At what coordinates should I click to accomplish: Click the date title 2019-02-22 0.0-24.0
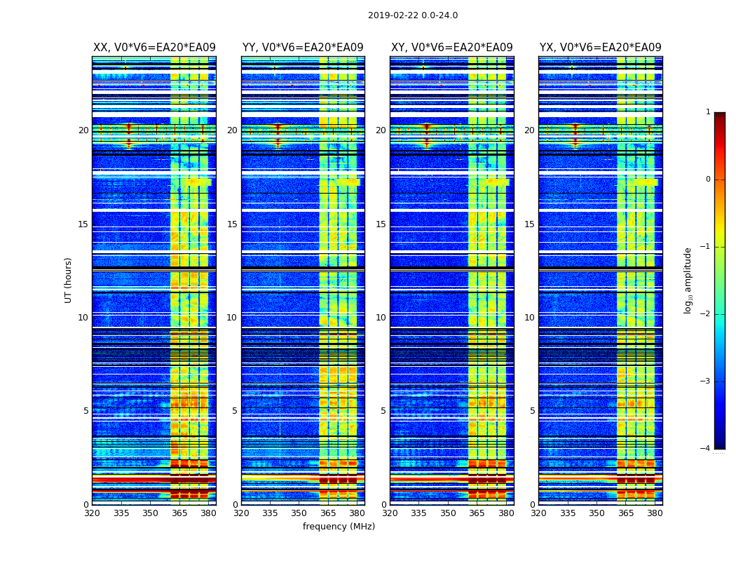coord(412,15)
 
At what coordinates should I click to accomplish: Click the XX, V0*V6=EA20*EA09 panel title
coord(154,48)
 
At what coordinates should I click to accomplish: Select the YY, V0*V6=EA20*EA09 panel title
coord(303,48)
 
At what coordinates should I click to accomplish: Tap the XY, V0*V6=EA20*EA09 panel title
coord(451,48)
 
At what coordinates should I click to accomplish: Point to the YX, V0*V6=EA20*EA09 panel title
coord(600,48)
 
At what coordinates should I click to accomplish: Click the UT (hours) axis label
coord(68,280)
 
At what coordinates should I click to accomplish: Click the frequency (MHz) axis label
coord(339,527)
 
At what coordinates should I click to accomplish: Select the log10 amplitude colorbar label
coord(688,280)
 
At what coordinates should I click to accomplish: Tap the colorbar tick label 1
coord(708,112)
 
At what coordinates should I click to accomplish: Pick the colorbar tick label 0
coord(708,180)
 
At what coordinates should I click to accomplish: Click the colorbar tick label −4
coord(706,449)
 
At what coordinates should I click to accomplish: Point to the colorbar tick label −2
coord(706,314)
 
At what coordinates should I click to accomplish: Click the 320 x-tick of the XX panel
coord(92,514)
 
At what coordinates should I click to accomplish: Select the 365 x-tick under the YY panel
coord(328,514)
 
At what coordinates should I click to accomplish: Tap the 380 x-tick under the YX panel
coord(655,514)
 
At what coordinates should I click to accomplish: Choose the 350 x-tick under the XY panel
coord(448,514)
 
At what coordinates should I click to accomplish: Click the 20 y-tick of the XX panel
coord(83,130)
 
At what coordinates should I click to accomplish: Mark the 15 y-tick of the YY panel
coord(232,224)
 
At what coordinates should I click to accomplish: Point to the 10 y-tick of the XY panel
coord(381,318)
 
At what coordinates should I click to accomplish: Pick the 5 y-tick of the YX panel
coord(533,411)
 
